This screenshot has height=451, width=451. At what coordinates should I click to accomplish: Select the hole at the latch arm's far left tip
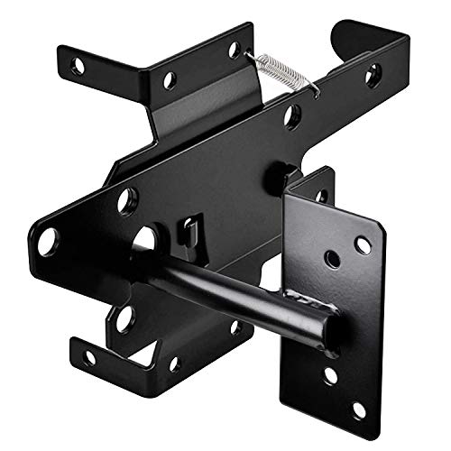(48, 241)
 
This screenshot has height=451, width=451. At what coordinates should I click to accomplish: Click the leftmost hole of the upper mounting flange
(79, 66)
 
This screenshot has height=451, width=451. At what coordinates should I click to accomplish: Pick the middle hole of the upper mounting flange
(169, 79)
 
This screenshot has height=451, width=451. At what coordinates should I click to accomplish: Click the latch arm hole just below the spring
(292, 115)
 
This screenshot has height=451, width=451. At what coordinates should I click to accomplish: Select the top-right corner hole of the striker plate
(363, 244)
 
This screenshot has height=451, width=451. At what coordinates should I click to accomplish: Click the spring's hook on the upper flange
(250, 55)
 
